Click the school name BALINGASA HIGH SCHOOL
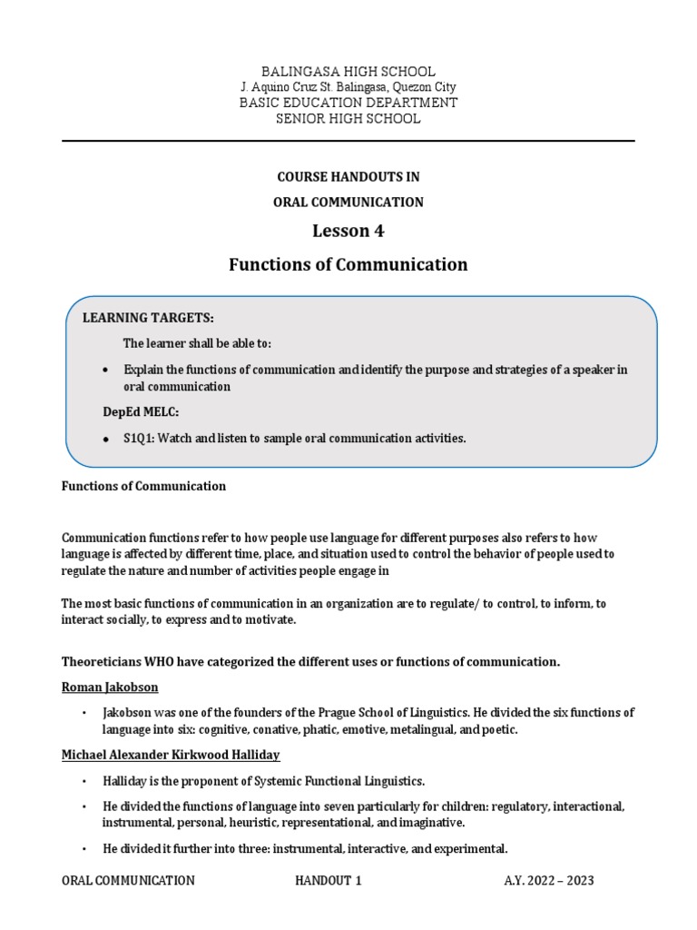348,71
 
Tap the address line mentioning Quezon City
348,87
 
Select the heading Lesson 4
348,231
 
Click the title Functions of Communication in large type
348,265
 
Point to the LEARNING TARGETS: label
149,318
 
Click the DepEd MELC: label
141,412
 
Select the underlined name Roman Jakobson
110,688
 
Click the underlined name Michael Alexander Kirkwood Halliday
171,756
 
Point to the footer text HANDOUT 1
329,881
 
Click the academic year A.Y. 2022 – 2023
549,881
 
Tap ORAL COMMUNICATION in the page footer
128,881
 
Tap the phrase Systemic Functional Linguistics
340,781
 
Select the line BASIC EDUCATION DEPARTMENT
348,103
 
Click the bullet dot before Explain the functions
106,371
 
